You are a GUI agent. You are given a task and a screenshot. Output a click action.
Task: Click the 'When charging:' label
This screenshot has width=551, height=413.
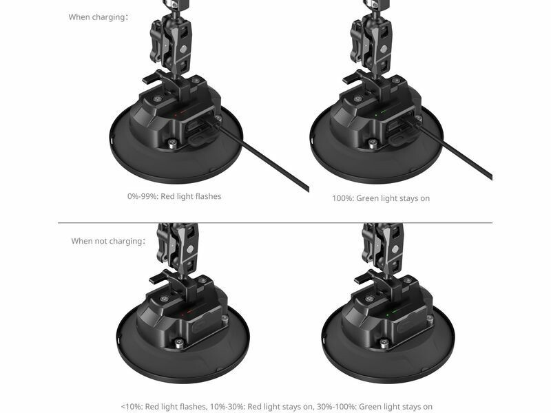(x=98, y=17)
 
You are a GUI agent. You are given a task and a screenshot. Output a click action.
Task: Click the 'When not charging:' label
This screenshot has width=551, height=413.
(x=108, y=241)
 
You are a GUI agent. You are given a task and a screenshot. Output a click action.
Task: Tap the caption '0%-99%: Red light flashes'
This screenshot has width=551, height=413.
(x=174, y=196)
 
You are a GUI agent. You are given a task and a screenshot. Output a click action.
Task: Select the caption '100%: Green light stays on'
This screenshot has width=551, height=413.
(x=381, y=198)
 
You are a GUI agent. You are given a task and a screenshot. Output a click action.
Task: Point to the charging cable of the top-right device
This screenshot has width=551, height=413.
(x=453, y=151)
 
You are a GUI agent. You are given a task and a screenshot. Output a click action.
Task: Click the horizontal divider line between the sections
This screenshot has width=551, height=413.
(x=275, y=222)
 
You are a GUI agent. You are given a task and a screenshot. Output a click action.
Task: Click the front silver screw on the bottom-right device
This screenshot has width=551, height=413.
(x=384, y=342)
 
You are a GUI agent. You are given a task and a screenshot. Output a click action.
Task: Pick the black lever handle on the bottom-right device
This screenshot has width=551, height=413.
(x=364, y=278)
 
